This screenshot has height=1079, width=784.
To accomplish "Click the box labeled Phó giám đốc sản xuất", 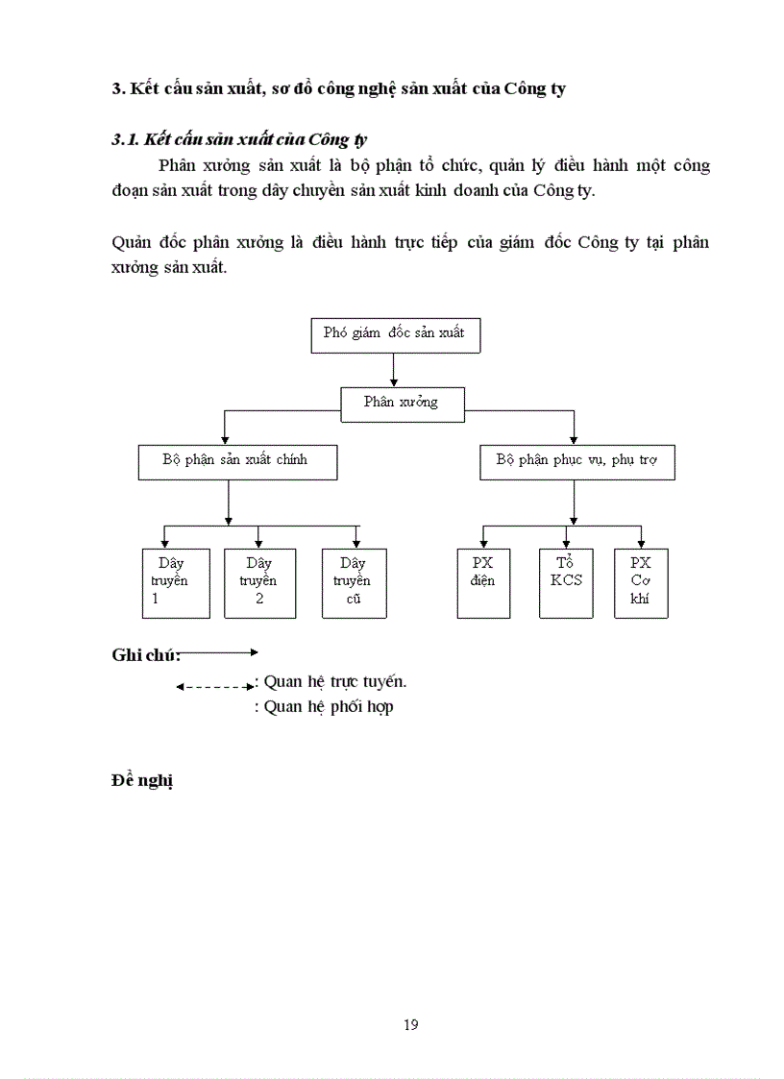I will (x=394, y=334).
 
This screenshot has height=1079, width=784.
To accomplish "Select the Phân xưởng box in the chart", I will (x=402, y=404).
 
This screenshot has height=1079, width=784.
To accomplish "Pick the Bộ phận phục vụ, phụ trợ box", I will (x=576, y=461).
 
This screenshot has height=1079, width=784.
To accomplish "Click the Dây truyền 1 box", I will (x=176, y=582).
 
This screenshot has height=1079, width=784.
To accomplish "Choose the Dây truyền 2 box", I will (x=258, y=582).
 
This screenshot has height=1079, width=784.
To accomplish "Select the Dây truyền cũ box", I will (x=354, y=582).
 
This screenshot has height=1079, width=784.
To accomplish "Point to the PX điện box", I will (x=483, y=582).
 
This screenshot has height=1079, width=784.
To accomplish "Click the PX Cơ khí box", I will (x=641, y=582).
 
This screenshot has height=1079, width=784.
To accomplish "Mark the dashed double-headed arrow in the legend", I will (x=215, y=687).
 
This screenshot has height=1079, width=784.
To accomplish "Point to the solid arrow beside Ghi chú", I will (x=219, y=652).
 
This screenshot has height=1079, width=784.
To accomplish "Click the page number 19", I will (x=410, y=1024).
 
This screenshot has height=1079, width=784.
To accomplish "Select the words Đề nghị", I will (x=141, y=780).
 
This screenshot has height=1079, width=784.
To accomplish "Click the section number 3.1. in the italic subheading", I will (x=127, y=140).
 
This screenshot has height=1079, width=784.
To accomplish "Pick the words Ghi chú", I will (x=145, y=656).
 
